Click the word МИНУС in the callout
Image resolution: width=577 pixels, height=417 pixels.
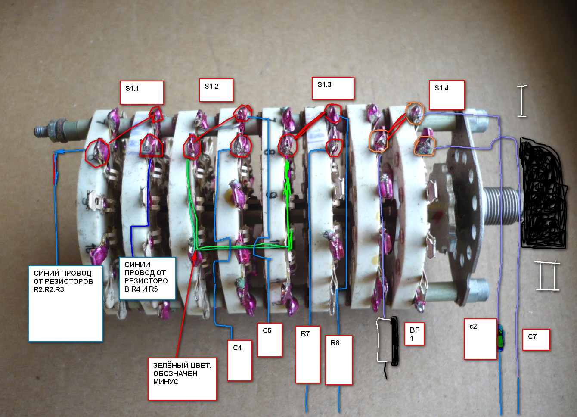pyautogui.click(x=166, y=382)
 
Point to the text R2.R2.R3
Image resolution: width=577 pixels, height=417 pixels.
pyautogui.click(x=49, y=289)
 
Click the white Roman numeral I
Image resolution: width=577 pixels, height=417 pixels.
pyautogui.click(x=522, y=101)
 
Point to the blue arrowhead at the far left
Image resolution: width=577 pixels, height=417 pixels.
pyautogui.click(x=58, y=151)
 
